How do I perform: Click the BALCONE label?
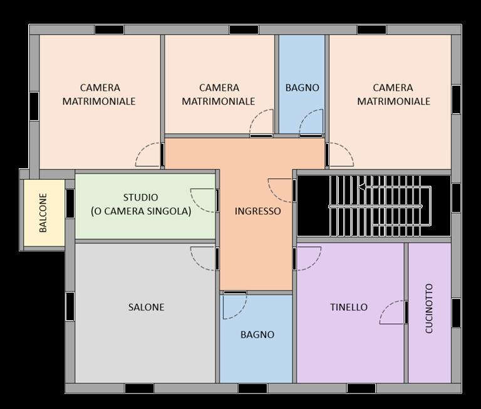(43, 213)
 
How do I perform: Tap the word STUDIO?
(140, 197)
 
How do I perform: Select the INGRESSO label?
(257, 211)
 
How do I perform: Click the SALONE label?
(146, 307)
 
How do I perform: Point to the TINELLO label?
(349, 307)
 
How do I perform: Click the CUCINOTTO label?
(429, 308)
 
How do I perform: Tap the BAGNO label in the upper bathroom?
(302, 88)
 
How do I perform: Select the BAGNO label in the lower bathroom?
(257, 335)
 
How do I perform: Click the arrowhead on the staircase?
(361, 186)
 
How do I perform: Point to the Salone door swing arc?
(197, 263)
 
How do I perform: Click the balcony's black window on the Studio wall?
(70, 203)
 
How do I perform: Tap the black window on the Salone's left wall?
(70, 306)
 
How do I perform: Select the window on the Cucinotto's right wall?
(456, 313)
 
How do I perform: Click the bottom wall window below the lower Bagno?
(252, 388)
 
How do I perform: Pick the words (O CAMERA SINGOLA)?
(141, 211)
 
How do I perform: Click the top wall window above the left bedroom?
(109, 30)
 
